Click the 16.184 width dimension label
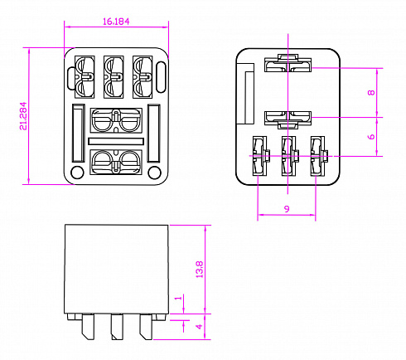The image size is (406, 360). click(116, 22)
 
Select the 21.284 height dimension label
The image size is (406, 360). click(23, 116)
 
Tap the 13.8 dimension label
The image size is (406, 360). click(200, 270)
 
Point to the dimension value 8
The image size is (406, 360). click(371, 93)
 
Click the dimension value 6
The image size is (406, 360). click(371, 137)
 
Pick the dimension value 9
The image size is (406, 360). click(287, 209)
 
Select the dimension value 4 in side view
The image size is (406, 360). click(199, 327)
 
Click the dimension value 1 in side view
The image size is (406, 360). click(179, 298)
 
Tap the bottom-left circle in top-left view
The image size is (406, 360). click(77, 173)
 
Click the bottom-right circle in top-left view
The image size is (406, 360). click(154, 173)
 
